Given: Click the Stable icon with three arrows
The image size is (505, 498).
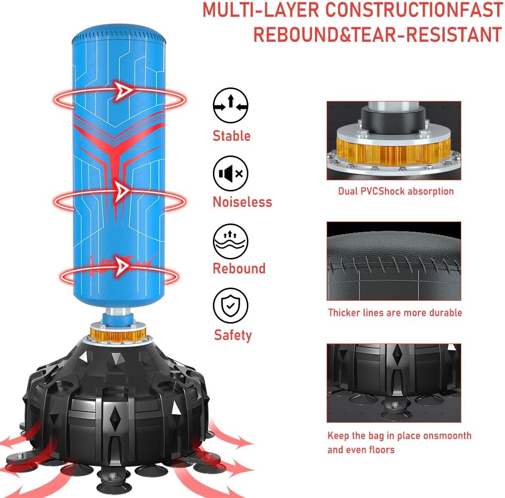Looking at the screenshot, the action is click(x=230, y=105).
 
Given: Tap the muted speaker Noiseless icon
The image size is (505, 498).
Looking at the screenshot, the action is click(x=230, y=173).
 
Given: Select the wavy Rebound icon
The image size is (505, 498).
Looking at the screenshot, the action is click(x=230, y=241).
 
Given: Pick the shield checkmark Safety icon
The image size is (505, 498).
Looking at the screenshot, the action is click(x=230, y=306).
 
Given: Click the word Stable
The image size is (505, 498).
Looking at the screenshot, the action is click(x=231, y=136).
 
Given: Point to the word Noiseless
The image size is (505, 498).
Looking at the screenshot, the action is click(x=243, y=202).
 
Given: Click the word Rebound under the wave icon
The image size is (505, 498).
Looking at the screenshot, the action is click(x=239, y=269).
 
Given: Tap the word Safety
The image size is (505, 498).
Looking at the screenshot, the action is click(x=233, y=335).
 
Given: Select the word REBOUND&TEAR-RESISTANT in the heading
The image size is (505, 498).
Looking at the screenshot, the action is click(x=378, y=34).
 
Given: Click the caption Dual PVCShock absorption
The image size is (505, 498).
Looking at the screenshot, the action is click(x=396, y=191).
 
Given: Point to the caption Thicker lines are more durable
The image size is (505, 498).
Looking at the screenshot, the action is click(x=395, y=312).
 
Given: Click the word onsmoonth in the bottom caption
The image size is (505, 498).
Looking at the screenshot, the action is click(x=447, y=435).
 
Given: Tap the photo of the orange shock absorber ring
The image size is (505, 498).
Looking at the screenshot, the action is click(x=394, y=140).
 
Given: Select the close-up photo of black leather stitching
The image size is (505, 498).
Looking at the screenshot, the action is click(x=394, y=261).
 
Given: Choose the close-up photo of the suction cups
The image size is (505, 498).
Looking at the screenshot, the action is click(x=394, y=383).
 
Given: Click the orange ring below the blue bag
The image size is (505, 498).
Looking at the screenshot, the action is click(x=118, y=335).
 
